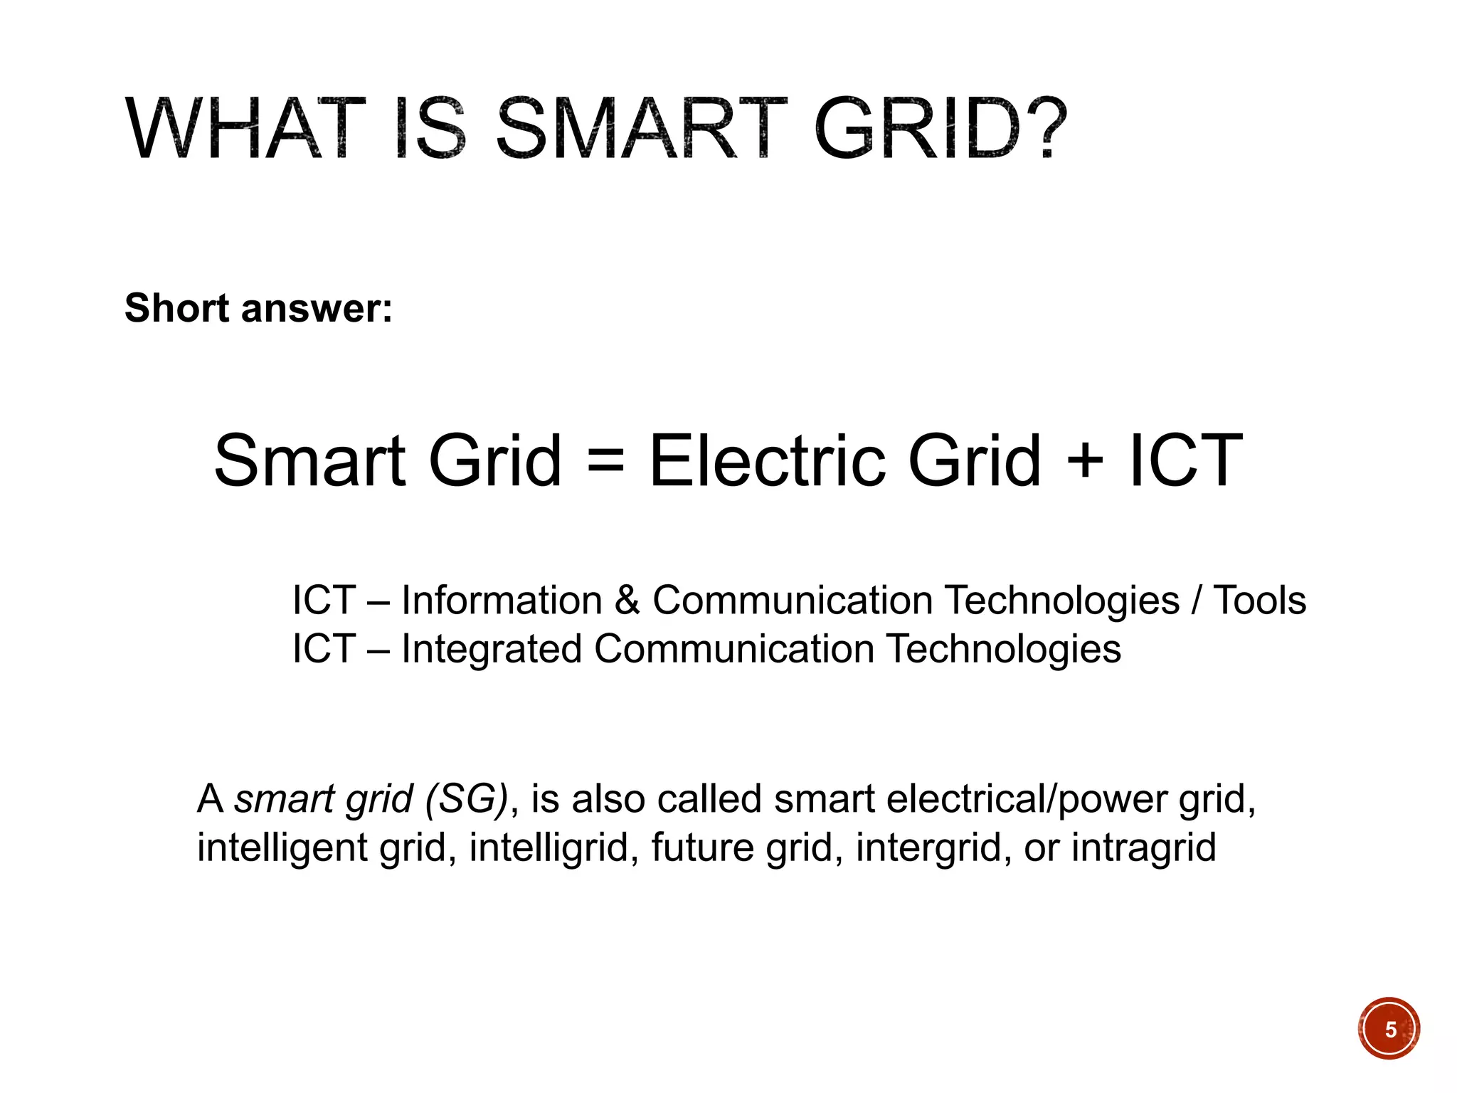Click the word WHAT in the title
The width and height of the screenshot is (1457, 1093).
coord(245,130)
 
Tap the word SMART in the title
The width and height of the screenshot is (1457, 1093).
coord(641,130)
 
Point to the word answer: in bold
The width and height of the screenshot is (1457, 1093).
coord(317,310)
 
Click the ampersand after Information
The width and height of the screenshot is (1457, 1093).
coord(627,601)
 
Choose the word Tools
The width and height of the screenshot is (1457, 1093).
coord(1259,601)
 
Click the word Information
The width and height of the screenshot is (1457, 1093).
coord(502,601)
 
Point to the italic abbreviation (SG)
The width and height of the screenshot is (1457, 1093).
coord(467,799)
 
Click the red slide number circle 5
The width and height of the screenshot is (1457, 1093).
coord(1389,1029)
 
